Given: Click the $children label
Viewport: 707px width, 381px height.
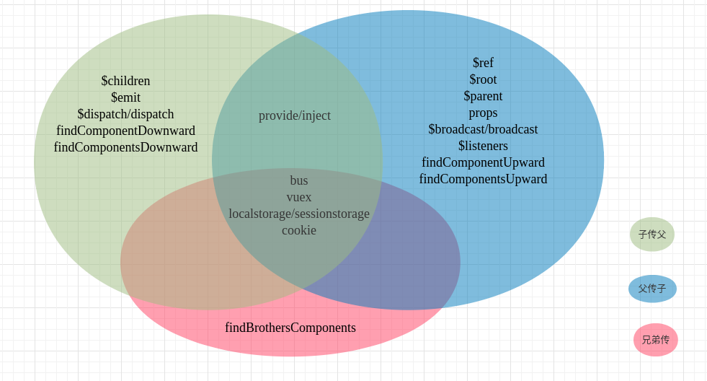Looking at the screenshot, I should [125, 81].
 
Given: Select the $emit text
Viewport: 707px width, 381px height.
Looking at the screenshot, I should [125, 97].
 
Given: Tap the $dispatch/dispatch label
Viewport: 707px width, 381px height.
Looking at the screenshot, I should [125, 114].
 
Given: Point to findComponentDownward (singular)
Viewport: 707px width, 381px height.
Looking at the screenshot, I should [125, 131].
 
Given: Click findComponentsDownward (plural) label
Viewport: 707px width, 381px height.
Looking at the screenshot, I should [125, 147].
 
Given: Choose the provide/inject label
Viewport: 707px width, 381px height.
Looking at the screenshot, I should [295, 115].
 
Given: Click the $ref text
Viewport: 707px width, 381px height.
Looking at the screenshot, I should [483, 63].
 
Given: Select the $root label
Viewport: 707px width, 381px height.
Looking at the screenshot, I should [483, 79].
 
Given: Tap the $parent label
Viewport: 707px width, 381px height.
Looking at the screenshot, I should [483, 96].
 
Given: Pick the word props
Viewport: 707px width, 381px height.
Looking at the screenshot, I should [483, 113].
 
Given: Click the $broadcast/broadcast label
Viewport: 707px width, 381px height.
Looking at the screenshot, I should [483, 129].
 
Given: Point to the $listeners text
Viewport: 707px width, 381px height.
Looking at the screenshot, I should [483, 146].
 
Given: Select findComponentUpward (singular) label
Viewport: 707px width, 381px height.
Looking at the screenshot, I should [483, 162].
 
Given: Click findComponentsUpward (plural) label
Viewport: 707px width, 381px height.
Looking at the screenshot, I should [483, 179].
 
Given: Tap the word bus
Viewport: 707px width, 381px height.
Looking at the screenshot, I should [299, 180].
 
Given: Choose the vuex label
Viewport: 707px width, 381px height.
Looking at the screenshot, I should [299, 197].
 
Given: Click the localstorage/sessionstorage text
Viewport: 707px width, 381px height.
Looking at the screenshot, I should [299, 214].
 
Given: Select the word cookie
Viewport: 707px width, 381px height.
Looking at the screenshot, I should [299, 230].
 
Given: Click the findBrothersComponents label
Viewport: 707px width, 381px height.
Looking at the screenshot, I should [290, 328].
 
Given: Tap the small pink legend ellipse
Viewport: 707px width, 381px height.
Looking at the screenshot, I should [656, 340].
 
